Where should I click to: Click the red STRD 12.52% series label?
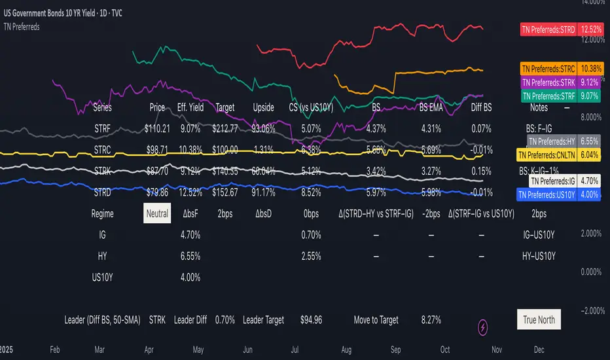tap(560, 29)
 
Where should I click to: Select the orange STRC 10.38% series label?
tap(560, 68)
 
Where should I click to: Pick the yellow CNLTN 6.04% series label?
tap(559, 155)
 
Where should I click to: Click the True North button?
tap(539, 320)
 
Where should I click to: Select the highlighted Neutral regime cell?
tap(157, 213)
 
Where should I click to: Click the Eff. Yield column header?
tap(190, 107)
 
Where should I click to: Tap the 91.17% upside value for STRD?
tap(263, 193)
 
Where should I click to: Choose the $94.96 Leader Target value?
tap(312, 320)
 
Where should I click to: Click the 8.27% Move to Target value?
tap(429, 320)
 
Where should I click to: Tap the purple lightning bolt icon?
tap(484, 325)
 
